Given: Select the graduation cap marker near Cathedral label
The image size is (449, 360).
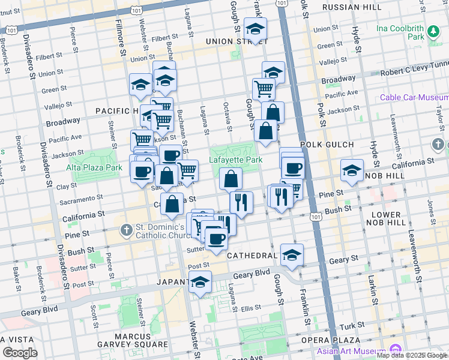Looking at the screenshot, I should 292,255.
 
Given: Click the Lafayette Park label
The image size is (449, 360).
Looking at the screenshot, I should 236,160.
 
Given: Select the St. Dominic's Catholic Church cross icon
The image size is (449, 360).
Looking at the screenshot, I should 126,229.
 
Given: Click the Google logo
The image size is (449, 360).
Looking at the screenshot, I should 20,353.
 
